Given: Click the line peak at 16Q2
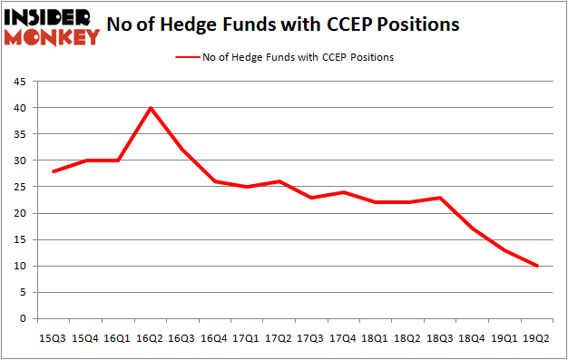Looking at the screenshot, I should coord(151,108).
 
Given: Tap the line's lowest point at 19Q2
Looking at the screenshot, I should coord(537,266).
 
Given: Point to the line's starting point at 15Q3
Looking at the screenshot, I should coord(54,170).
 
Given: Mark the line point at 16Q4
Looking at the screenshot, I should coord(215,181).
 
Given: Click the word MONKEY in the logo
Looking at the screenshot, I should coord(55,37).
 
